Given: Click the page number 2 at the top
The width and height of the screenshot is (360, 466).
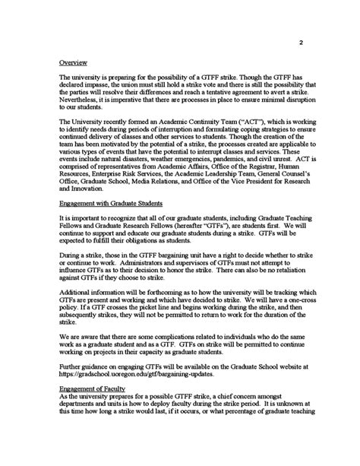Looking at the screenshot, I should pyautogui.click(x=301, y=43).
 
